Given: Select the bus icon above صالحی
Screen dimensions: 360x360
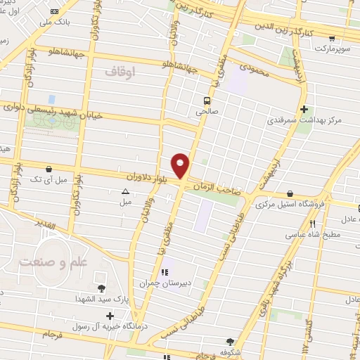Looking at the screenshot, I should point(207,101).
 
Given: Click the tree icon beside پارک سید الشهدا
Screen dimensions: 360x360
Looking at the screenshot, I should point(102,288).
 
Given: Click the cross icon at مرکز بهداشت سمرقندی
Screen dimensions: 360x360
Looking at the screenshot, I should point(304,109).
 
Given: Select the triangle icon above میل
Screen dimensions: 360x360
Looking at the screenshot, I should point(125,191).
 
